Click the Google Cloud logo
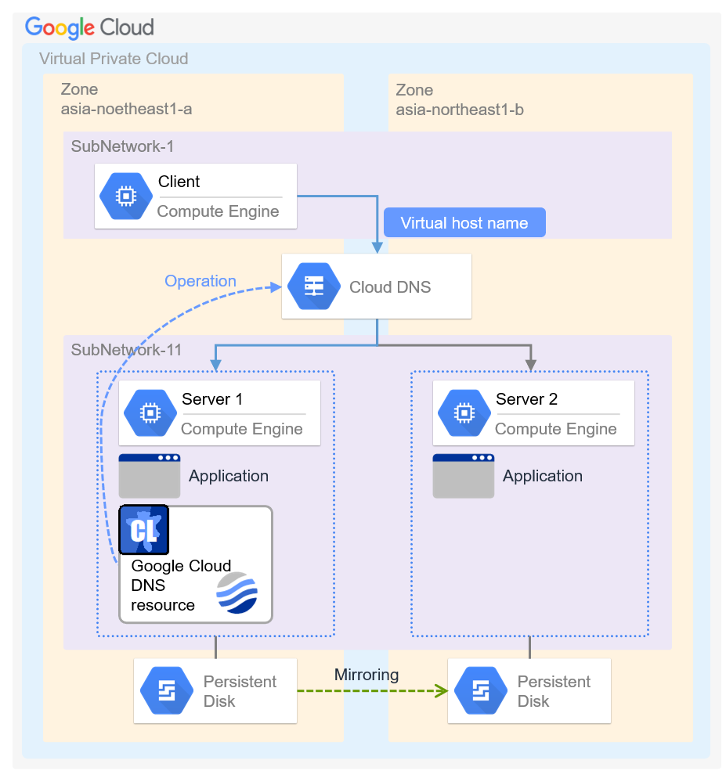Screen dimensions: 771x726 click(x=89, y=27)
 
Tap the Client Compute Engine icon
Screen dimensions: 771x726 click(x=126, y=196)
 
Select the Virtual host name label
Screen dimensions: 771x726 click(x=464, y=223)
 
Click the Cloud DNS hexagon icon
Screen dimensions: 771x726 click(x=313, y=286)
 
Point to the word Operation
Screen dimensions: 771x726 click(x=200, y=281)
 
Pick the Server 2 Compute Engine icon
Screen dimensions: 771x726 click(x=464, y=413)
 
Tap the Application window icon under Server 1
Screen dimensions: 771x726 click(x=150, y=475)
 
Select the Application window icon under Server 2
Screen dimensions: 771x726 click(x=464, y=475)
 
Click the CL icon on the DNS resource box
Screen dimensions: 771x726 click(x=143, y=530)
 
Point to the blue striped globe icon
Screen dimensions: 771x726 click(x=237, y=593)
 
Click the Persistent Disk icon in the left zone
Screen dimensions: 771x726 click(x=166, y=691)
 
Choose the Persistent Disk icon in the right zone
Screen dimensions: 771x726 click(x=480, y=691)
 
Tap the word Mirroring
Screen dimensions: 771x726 click(x=367, y=675)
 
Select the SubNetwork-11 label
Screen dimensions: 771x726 click(x=126, y=350)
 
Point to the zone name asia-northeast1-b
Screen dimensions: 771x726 click(x=460, y=110)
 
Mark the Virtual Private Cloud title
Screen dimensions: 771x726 click(x=114, y=59)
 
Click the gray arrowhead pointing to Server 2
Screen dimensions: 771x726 click(x=530, y=364)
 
